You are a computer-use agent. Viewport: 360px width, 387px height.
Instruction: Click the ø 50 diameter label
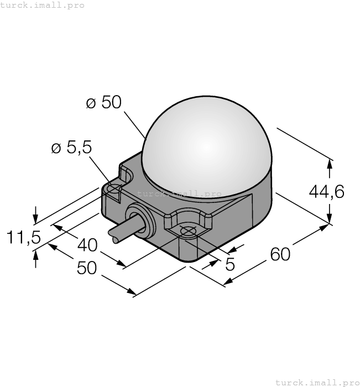(x=103, y=103)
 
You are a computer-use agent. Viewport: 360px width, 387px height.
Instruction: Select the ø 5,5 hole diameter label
(x=71, y=148)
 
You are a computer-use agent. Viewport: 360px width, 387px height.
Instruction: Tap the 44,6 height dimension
(x=326, y=191)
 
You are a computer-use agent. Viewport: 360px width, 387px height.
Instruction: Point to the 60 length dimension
(x=280, y=254)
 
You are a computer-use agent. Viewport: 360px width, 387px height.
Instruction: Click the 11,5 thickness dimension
(x=24, y=238)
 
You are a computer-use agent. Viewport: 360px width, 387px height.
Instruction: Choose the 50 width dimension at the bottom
(x=87, y=268)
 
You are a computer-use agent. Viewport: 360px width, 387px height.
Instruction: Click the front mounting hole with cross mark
(x=188, y=232)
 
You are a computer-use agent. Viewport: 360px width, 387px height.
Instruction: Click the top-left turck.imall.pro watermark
(x=43, y=5)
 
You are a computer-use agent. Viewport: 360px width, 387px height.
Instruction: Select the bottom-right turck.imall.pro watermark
(x=317, y=382)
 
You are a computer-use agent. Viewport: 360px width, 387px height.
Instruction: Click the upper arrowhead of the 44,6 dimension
(x=330, y=163)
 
